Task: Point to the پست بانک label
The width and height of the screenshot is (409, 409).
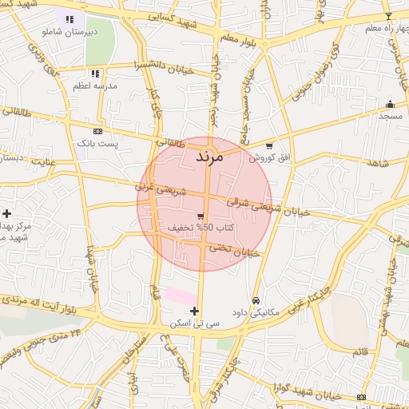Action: coord(97,143)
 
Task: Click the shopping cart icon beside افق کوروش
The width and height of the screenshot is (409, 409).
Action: coord(269,146)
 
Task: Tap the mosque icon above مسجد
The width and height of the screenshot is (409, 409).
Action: coord(390,104)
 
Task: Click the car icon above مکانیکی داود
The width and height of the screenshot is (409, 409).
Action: coord(256,300)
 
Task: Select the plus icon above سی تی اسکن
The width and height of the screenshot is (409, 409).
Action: coord(195,311)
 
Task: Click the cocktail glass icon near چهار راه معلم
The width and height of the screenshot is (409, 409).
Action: coord(389,16)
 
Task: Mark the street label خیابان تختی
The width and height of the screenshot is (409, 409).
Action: coord(235,251)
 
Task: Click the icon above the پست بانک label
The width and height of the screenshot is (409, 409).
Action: coord(97,131)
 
